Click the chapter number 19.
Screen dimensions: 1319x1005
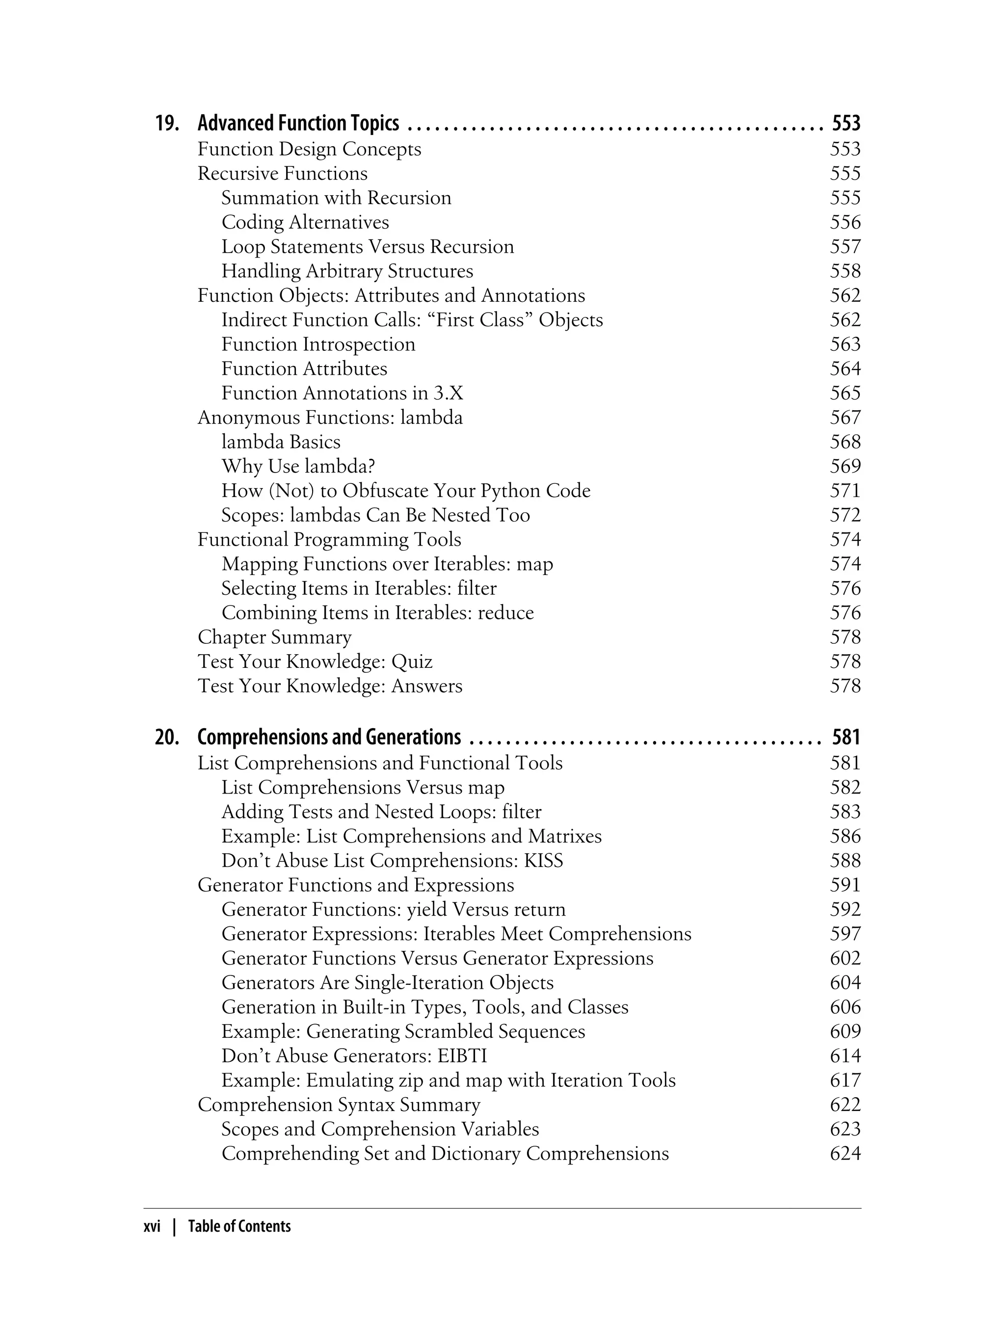[167, 123]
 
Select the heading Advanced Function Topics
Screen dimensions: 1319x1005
[298, 123]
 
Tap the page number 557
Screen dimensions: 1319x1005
[845, 246]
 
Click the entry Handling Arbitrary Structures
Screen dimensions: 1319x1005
[347, 271]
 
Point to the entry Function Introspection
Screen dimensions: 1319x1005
[318, 344]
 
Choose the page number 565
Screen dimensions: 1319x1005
[845, 393]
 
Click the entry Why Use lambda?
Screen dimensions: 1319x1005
[298, 466]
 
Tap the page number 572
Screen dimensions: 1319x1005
[845, 515]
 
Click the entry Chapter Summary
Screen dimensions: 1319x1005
[275, 637]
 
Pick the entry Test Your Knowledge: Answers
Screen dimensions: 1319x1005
[330, 686]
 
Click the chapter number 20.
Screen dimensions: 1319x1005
[167, 737]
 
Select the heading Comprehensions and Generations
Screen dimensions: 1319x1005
[329, 737]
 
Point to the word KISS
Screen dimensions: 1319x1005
[543, 861]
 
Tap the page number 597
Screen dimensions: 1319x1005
[845, 934]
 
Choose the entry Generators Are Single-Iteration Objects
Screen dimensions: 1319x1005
[387, 983]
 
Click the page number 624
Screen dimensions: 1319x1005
[845, 1153]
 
